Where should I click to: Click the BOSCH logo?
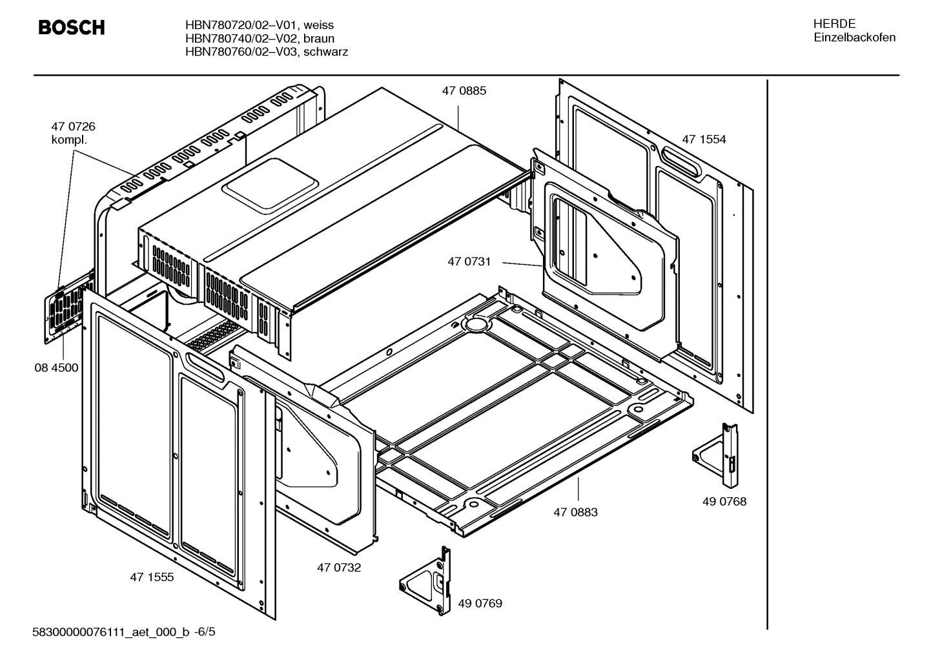tap(71, 28)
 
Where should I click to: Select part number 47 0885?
tap(464, 91)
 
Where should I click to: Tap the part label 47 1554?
tap(704, 139)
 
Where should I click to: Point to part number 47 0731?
tap(469, 262)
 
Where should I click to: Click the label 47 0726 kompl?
tap(73, 133)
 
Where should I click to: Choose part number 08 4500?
tap(56, 368)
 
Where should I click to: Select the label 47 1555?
tap(152, 577)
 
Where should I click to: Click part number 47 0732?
tap(339, 568)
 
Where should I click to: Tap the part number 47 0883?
tap(575, 512)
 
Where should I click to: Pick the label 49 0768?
tap(724, 501)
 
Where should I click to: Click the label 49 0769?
tap(480, 604)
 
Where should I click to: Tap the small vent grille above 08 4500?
tap(65, 311)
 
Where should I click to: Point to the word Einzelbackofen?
tap(854, 37)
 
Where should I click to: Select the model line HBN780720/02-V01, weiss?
tap(259, 25)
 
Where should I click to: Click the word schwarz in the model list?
tap(325, 52)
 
